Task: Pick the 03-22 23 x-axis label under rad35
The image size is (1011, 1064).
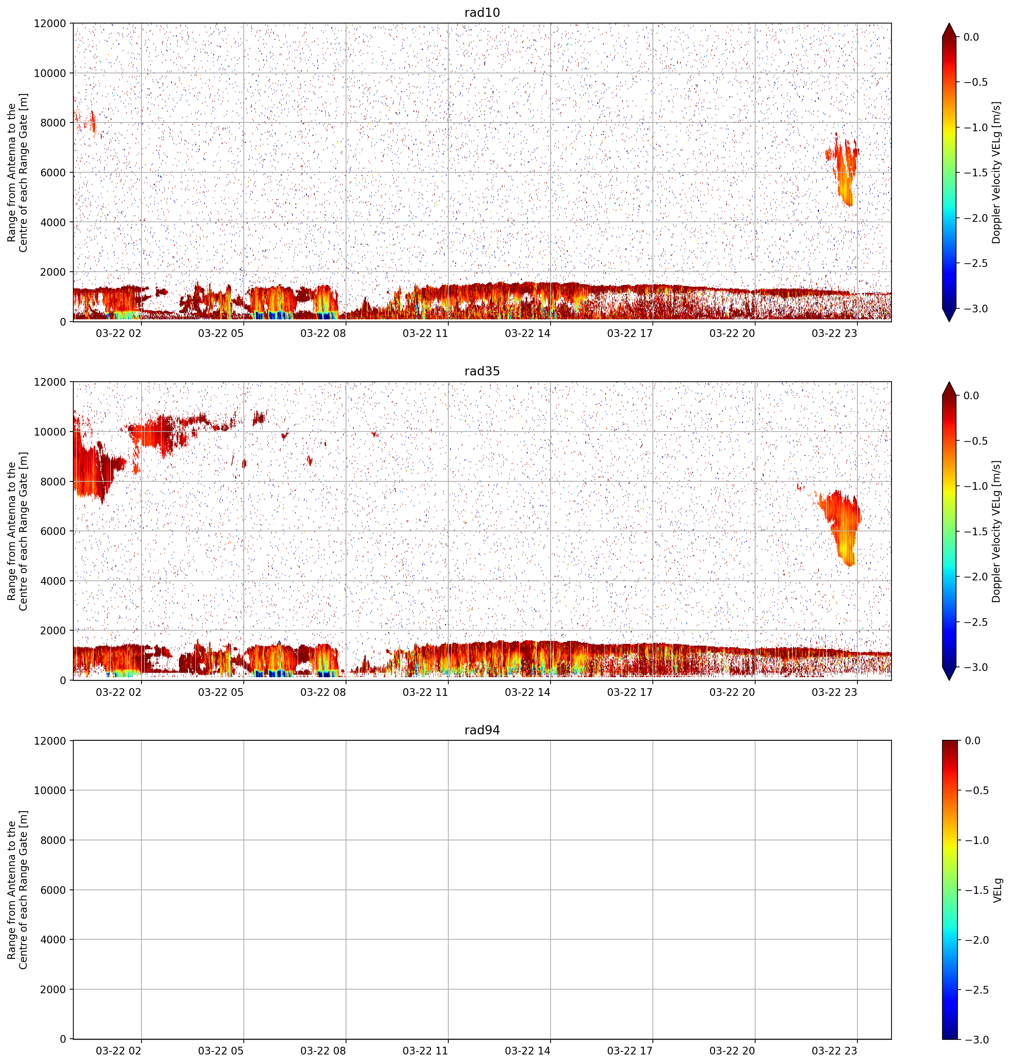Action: pos(834,691)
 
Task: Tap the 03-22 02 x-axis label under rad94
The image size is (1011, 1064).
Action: pos(118,1050)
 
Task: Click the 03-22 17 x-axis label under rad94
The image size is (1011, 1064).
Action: pos(630,1050)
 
